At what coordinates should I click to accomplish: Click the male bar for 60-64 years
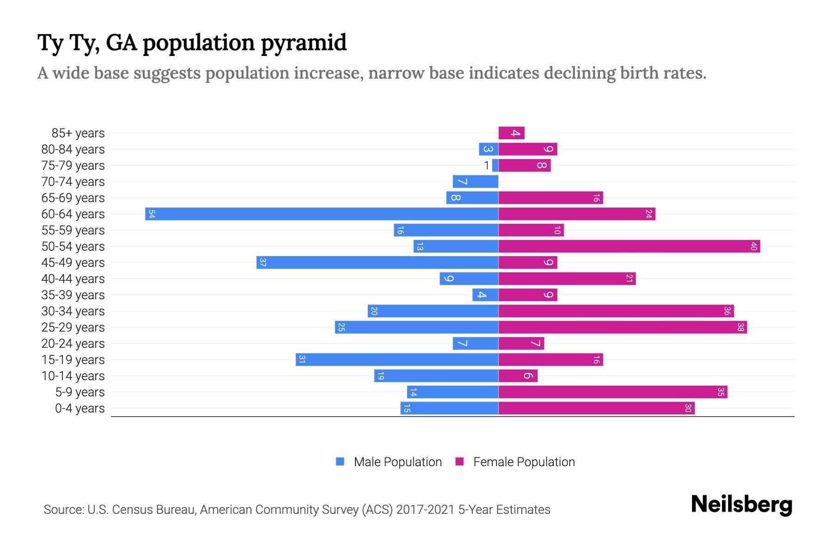(x=322, y=214)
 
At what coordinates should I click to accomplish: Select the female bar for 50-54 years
(x=629, y=247)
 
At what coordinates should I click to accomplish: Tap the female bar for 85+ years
(x=511, y=133)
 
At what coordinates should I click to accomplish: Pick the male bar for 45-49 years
(x=377, y=263)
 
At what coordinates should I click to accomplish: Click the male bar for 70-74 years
(x=475, y=182)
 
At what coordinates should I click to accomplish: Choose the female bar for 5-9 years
(x=613, y=392)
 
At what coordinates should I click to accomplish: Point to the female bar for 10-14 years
(x=518, y=376)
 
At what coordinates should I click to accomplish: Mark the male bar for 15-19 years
(x=397, y=360)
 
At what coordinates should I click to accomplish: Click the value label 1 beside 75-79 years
(x=486, y=166)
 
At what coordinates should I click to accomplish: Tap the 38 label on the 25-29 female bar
(x=740, y=327)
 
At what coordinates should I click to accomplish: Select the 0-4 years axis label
(x=80, y=408)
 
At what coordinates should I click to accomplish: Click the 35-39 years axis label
(x=73, y=295)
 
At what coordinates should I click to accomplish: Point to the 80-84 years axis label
(x=73, y=149)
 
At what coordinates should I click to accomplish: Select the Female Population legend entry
(x=515, y=462)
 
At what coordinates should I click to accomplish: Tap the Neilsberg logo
(x=741, y=505)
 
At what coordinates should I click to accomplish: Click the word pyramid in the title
(x=303, y=43)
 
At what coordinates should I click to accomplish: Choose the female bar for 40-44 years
(x=567, y=279)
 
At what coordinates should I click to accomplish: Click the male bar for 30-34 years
(x=433, y=311)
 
